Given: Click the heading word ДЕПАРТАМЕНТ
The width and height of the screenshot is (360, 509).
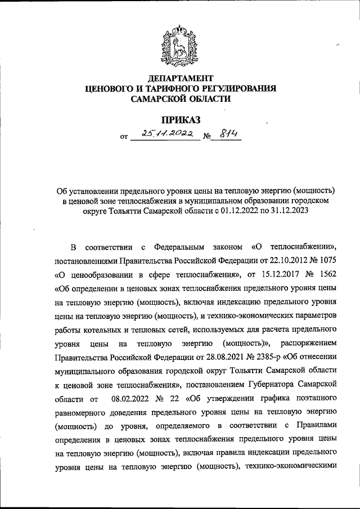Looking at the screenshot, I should pos(180,77).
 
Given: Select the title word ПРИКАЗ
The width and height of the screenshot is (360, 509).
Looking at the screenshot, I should pos(180,119).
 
